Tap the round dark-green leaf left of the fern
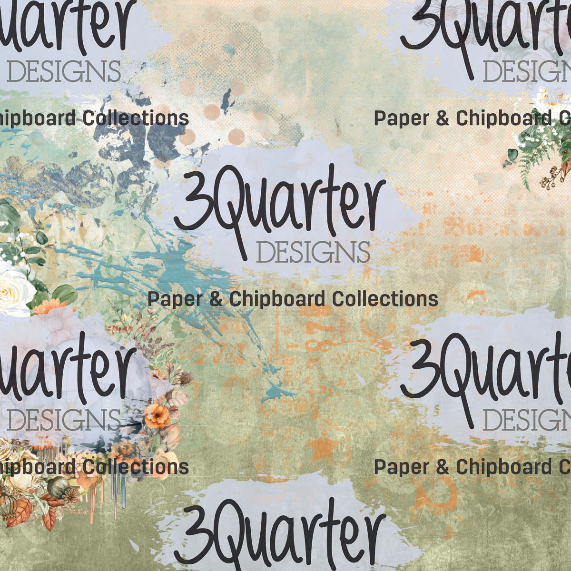(512, 155)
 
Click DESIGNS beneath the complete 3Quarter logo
(313, 252)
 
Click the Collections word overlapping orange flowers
(136, 467)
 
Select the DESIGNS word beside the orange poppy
(64, 419)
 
